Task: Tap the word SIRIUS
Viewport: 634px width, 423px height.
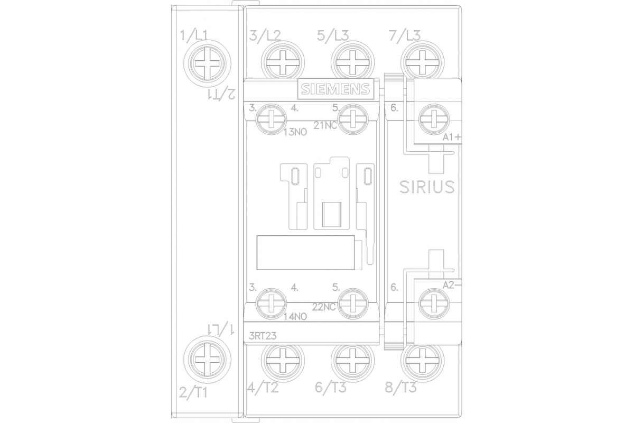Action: click(426, 187)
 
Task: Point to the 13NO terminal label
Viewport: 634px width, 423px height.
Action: click(296, 132)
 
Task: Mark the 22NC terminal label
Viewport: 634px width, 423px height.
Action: click(324, 307)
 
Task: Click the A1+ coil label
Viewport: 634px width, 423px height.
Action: click(453, 137)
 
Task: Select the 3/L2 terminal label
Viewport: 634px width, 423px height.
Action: click(265, 36)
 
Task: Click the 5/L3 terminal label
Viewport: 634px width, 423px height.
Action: click(333, 36)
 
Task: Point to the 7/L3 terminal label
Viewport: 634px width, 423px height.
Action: click(404, 36)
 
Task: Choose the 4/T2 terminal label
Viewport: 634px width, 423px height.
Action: click(263, 388)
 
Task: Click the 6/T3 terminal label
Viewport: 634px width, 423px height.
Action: click(331, 388)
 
